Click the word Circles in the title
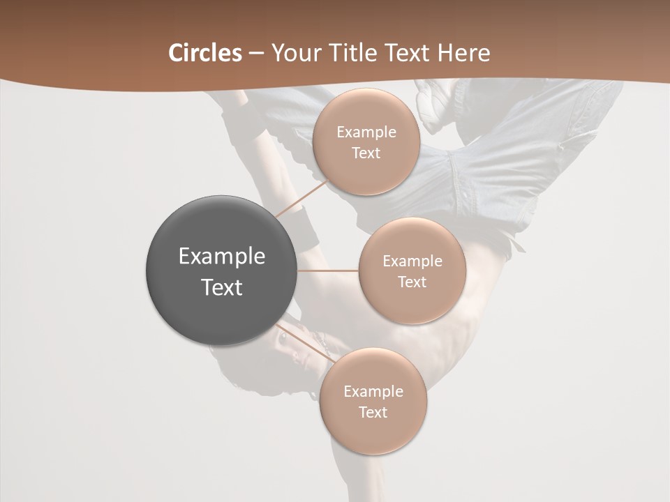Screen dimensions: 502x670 pos(204,53)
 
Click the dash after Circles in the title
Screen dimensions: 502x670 pos(256,54)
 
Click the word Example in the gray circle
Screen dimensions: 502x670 pos(222,257)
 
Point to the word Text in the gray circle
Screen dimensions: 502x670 pos(222,287)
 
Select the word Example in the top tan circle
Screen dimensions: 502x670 pos(366,132)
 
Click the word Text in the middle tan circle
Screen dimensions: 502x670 pos(412,282)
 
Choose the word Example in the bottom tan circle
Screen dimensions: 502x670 pos(373,392)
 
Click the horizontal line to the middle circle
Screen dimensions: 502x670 pos(328,271)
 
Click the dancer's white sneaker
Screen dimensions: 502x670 pos(435,105)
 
